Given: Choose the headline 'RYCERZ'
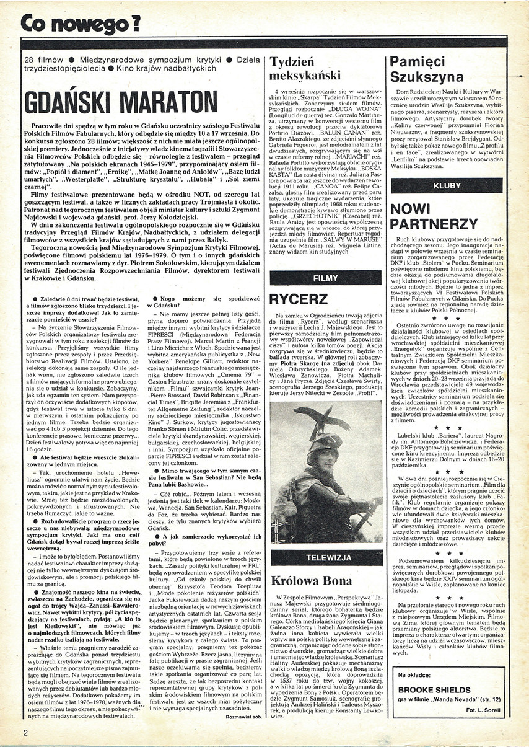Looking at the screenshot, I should point(298,299).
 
